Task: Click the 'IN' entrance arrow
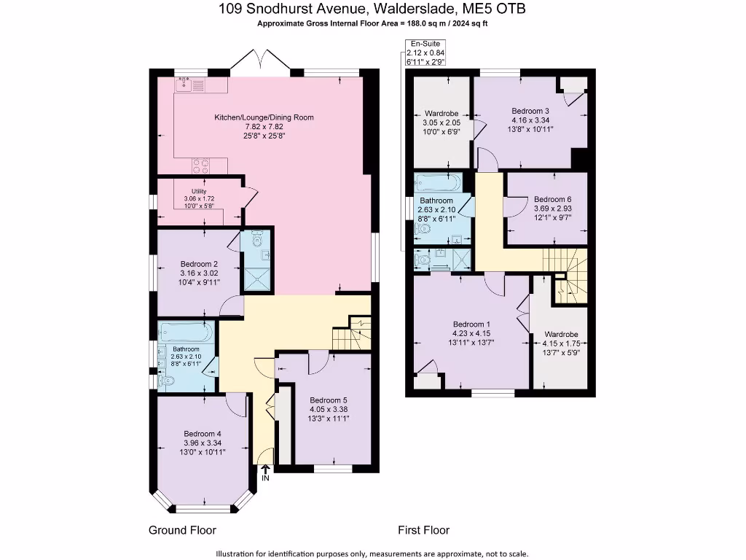[x=265, y=473]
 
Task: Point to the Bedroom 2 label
[x=199, y=264]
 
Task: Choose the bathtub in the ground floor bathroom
[x=186, y=332]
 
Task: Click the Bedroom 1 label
[x=471, y=324]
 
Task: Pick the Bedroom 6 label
[x=552, y=199]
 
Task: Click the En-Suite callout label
[x=425, y=44]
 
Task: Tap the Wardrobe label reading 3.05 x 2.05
[x=441, y=114]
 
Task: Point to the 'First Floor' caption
[x=423, y=530]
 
